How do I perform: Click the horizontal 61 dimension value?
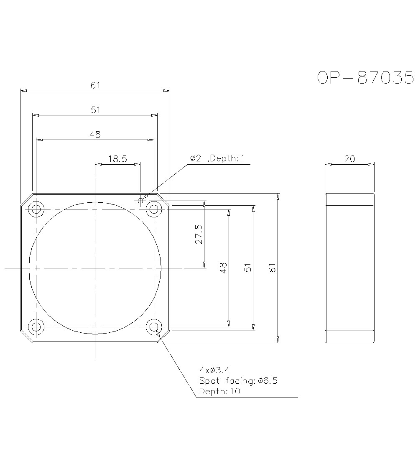[95, 85]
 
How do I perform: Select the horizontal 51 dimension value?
[95, 110]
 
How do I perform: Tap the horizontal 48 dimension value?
[95, 135]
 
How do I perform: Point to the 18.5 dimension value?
[117, 159]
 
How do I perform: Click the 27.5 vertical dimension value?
[199, 234]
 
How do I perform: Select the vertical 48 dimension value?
[223, 268]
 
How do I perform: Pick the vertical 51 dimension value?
[248, 268]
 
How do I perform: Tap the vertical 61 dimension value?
[273, 268]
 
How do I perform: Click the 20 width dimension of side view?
[349, 159]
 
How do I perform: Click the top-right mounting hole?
[154, 209]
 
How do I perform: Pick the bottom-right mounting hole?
[154, 326]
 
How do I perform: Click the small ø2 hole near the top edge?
[140, 201]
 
